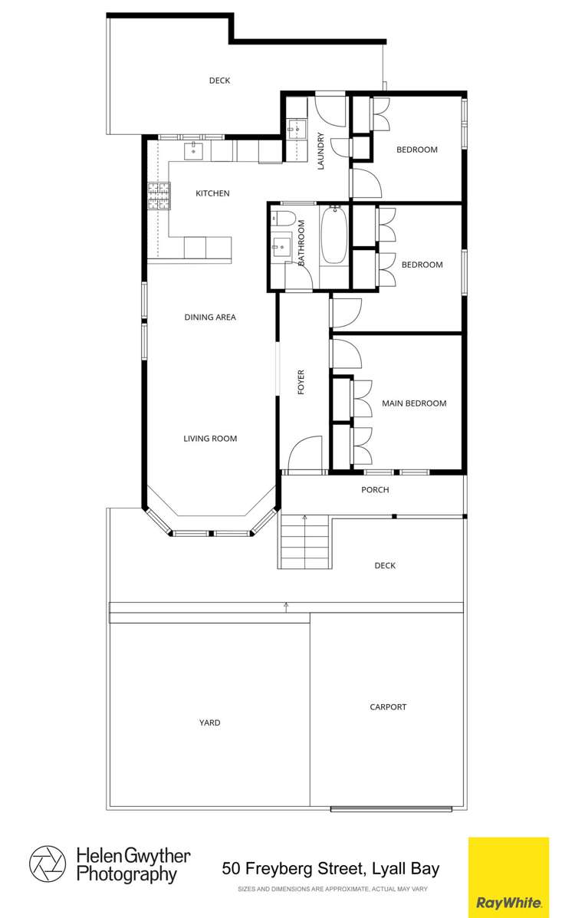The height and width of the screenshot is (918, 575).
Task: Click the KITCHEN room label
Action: coord(212,193)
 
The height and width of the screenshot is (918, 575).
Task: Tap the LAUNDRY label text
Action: coord(320,151)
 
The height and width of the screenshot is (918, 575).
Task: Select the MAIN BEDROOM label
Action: coord(414,403)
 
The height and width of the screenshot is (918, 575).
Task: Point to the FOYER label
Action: coord(301,382)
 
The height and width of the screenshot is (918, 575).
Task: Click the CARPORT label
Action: coord(388,707)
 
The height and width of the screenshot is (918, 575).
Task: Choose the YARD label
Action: coord(209,723)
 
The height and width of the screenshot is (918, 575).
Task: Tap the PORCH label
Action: coord(375,490)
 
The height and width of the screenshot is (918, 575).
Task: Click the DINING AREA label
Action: coord(210,318)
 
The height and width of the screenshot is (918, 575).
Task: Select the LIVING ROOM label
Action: coord(210,439)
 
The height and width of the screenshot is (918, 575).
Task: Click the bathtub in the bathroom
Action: coord(334,235)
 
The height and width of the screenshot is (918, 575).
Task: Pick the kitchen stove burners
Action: coord(159,196)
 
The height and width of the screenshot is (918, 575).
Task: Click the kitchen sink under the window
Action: coord(194,151)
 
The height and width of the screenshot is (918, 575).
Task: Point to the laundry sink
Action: coord(296,128)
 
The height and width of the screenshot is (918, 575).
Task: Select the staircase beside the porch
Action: coord(304,541)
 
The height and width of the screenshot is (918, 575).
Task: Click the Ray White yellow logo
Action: coord(508,877)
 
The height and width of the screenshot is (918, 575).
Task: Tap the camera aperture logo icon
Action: coord(48,864)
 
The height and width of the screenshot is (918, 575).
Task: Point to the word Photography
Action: coord(127,875)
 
